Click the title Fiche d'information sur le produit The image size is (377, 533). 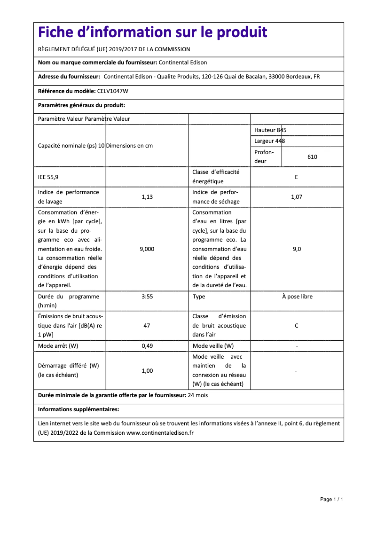[153, 32]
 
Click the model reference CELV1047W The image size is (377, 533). [112, 91]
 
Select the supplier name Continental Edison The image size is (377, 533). [183, 63]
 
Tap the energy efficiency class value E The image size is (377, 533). [296, 177]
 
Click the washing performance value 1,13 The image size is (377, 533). [147, 197]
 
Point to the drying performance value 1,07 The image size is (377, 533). [296, 197]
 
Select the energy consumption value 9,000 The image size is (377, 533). [147, 249]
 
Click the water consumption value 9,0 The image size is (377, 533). [297, 249]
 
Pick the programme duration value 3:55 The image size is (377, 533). [147, 297]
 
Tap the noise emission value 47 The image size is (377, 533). [147, 326]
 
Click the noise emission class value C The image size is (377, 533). [296, 326]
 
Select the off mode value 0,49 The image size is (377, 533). [147, 346]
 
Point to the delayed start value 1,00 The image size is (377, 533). [147, 371]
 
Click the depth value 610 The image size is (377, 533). [312, 157]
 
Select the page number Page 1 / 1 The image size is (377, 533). [331, 499]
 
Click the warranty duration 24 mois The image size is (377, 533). [197, 395]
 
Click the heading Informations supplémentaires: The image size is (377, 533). [79, 409]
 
